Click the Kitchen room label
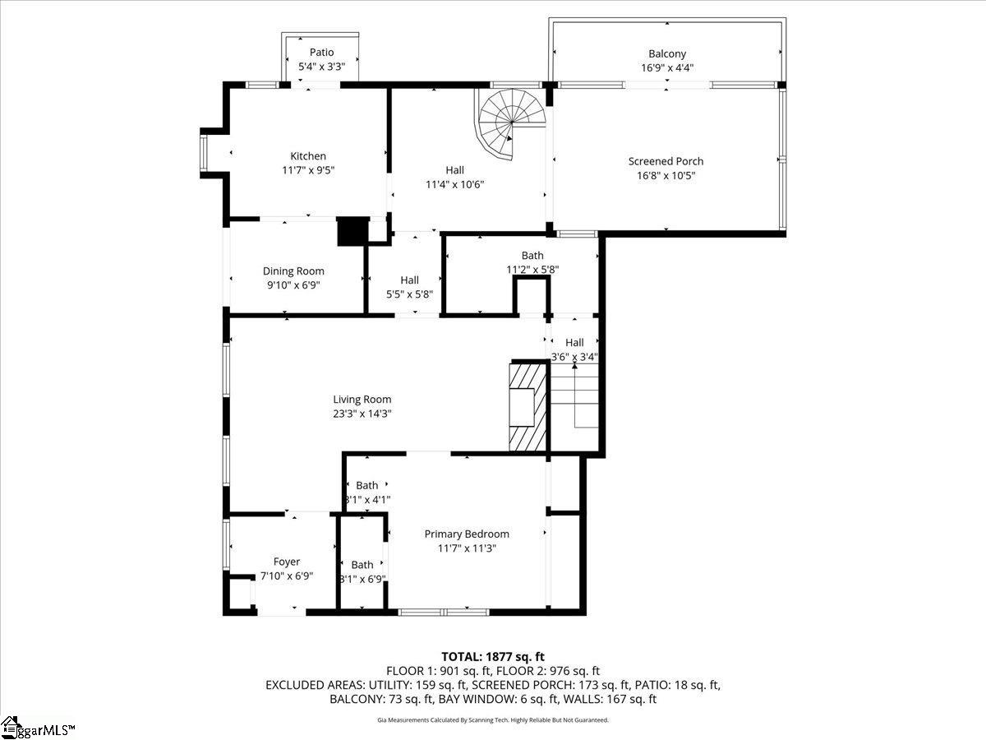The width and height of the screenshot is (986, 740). [308, 156]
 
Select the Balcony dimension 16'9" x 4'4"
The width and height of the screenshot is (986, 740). [666, 68]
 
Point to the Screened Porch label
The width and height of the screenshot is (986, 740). [666, 161]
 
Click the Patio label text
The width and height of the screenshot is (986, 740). [321, 53]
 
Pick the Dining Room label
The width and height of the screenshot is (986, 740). [293, 271]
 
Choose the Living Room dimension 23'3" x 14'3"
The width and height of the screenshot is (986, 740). [362, 414]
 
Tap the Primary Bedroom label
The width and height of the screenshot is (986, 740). [466, 534]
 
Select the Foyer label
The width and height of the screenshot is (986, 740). [286, 562]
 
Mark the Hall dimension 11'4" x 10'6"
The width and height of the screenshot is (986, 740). [454, 185]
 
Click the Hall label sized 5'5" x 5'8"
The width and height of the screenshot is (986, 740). [409, 280]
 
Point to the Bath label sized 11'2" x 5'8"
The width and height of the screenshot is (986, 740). [532, 256]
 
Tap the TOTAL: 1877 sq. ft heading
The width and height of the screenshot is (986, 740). [493, 656]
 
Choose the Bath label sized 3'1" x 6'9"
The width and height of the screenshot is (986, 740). [362, 565]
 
